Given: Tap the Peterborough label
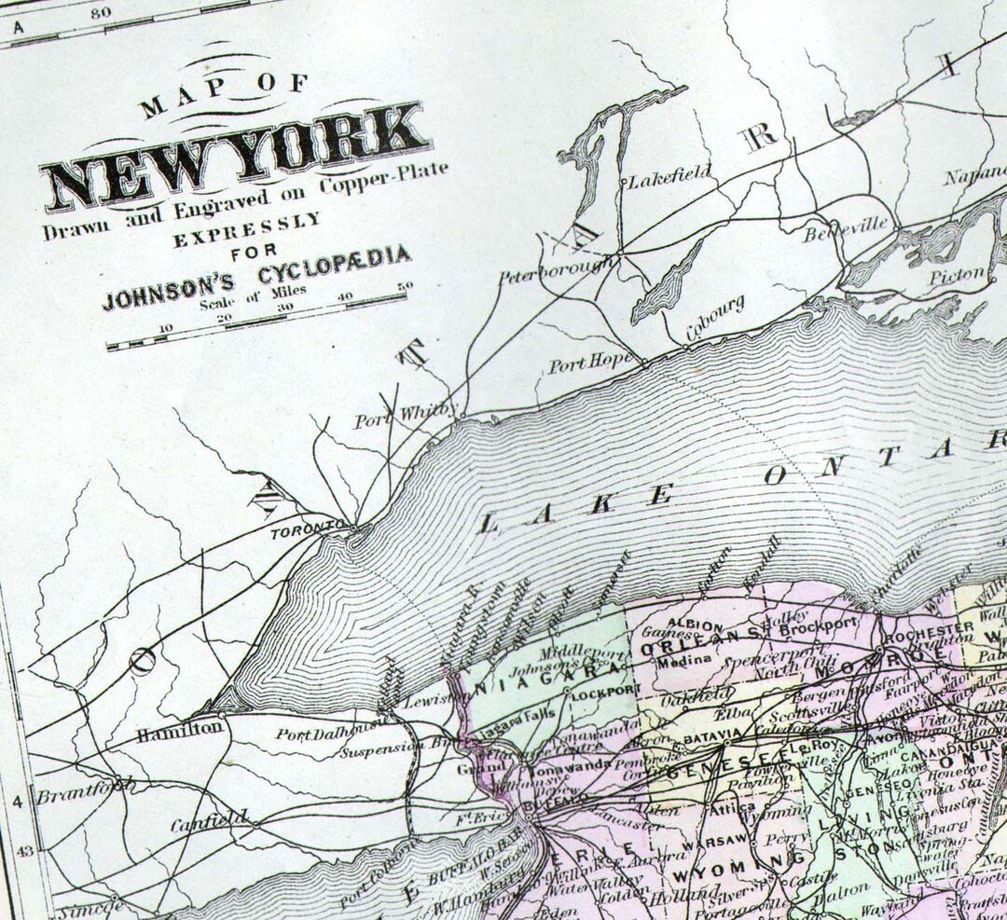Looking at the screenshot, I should [x=558, y=272].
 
